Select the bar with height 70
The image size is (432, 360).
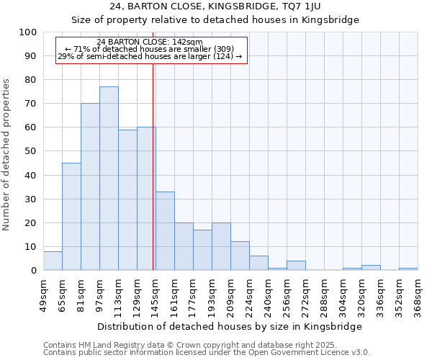coord(90,187)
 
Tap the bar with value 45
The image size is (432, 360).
coord(71,217)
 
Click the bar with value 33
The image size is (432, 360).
coord(165,231)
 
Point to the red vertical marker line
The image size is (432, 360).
coord(153,166)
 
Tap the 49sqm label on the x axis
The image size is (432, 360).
coord(43,294)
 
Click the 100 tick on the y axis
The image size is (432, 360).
coord(29,32)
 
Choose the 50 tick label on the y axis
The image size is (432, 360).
coord(31,151)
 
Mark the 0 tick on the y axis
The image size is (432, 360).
coord(34,271)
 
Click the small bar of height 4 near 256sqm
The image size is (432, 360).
coord(296,266)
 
